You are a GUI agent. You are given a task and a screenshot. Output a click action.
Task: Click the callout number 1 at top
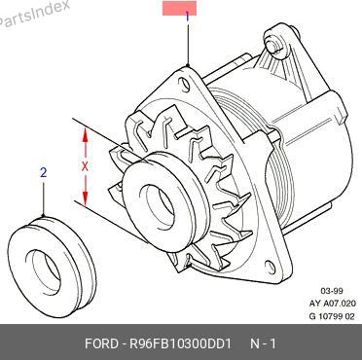click(187, 17)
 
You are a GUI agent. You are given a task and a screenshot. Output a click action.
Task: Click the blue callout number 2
click(44, 172)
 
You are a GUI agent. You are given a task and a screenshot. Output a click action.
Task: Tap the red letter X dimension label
click(85, 166)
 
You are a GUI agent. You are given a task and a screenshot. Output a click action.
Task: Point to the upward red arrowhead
click(85, 134)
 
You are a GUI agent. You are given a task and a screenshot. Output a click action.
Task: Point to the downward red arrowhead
click(85, 198)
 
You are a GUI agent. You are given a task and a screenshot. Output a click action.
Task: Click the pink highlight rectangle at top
click(179, 8)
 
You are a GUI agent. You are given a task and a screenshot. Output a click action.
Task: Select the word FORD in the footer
click(101, 343)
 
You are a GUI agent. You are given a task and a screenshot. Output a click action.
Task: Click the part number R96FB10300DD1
click(180, 343)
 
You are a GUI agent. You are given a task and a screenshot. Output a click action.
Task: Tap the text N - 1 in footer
click(264, 343)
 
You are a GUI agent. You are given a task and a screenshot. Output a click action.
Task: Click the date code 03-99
click(332, 291)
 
